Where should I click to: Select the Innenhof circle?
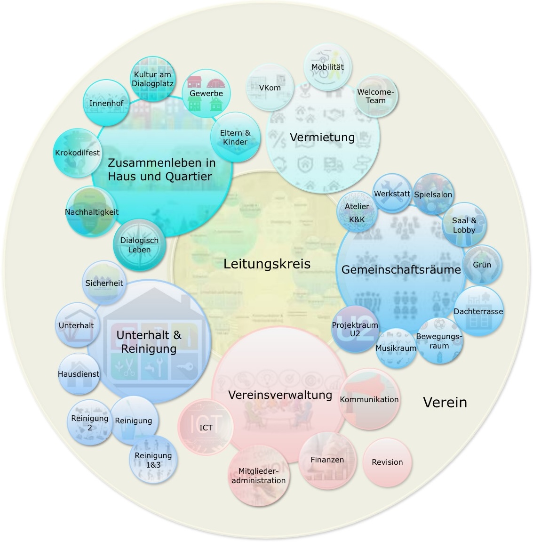[x=106, y=103]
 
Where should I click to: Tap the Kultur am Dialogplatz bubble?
[x=152, y=79]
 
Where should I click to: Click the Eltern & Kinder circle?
[x=235, y=137]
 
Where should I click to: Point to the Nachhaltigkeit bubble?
[x=91, y=211]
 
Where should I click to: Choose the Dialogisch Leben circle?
[x=139, y=244]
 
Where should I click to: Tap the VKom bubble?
[x=270, y=88]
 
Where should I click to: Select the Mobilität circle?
[x=328, y=67]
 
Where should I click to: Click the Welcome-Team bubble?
[x=375, y=96]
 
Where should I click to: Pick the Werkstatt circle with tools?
[x=392, y=194]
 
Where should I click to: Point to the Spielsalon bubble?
[x=433, y=194]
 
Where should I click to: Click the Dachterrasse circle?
[x=478, y=311]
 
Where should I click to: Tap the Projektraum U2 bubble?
[x=355, y=329]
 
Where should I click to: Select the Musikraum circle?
[x=396, y=348]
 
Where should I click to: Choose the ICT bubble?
[x=206, y=427]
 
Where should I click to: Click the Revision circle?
[x=387, y=462]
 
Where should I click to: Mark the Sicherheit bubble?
[x=104, y=283]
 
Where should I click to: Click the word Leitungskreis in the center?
[x=267, y=264]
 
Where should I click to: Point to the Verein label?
[x=445, y=402]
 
